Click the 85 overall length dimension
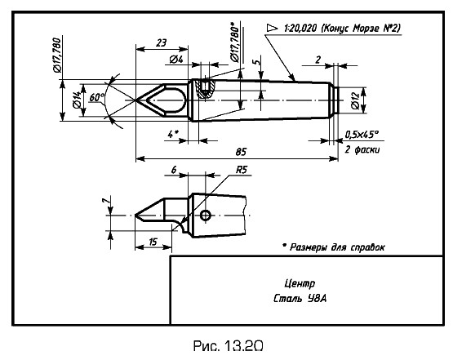point(240,152)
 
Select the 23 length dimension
point(161,43)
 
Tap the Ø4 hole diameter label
point(176,60)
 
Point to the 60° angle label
point(97,97)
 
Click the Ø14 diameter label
point(77,100)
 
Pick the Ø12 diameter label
point(355,101)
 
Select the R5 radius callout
point(242,170)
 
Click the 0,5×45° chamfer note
point(362,135)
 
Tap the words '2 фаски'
point(362,149)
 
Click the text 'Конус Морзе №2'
point(361,29)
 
